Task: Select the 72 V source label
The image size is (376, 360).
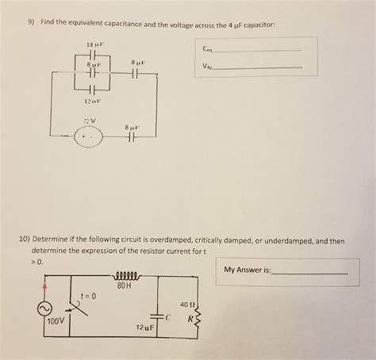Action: pyautogui.click(x=90, y=121)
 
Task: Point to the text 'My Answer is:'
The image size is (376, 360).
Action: pyautogui.click(x=247, y=270)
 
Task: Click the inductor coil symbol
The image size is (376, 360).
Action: pyautogui.click(x=126, y=277)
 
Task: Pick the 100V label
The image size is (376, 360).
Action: pyautogui.click(x=54, y=322)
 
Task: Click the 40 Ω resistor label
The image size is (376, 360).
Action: pyautogui.click(x=187, y=303)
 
